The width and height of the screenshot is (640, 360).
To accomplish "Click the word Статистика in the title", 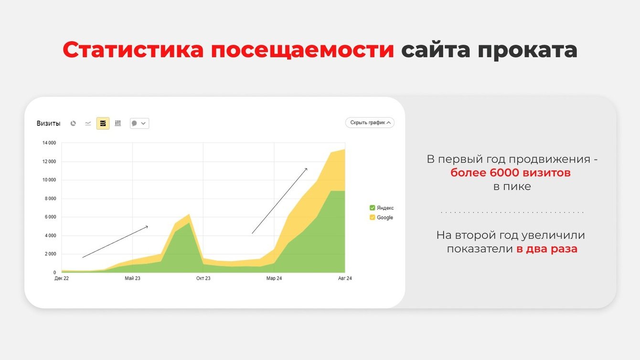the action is [x=133, y=50].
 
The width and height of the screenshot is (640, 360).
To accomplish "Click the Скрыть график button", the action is [x=370, y=123].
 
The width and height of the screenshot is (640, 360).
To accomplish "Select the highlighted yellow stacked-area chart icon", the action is [x=103, y=123].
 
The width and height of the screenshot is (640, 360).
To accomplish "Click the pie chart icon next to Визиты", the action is [x=73, y=123].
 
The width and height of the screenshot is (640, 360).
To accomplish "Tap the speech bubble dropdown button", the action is [x=139, y=123].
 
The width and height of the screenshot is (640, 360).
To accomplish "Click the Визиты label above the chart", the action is [x=48, y=124].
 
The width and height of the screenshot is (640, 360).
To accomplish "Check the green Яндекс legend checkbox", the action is [x=372, y=208].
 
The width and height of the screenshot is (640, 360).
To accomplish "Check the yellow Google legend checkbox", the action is [x=372, y=217].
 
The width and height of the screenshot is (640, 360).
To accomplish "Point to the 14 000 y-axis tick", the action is [x=49, y=143].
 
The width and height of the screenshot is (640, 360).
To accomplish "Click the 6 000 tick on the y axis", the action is [x=50, y=217].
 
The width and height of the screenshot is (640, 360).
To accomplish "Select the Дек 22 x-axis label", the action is [x=62, y=278].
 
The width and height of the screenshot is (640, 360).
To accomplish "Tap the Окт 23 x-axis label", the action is [x=203, y=278].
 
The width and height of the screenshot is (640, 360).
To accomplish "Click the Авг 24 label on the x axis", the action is [x=345, y=278].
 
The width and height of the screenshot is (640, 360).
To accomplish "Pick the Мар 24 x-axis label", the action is [x=274, y=278].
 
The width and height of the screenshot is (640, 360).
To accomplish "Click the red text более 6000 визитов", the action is [x=510, y=172].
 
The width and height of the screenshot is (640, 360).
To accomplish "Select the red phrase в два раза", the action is [x=547, y=249].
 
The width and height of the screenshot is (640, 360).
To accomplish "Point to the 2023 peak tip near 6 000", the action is [x=189, y=214].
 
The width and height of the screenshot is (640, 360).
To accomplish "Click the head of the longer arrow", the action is [x=307, y=169].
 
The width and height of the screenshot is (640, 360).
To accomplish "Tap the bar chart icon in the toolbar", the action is [x=117, y=123].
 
